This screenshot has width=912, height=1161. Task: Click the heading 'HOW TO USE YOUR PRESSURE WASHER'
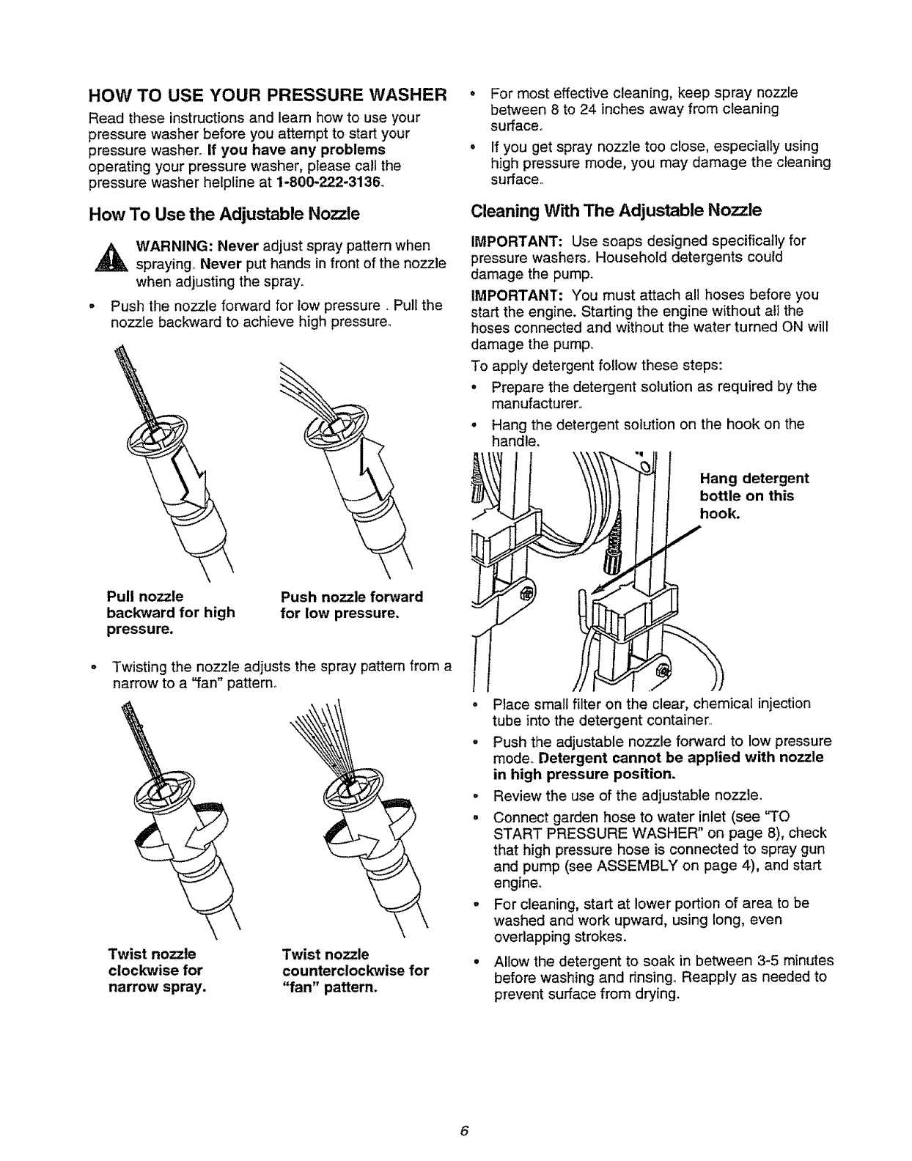(267, 96)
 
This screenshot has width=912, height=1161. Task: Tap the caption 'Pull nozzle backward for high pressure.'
(170, 613)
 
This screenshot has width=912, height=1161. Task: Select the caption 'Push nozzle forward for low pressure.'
(352, 605)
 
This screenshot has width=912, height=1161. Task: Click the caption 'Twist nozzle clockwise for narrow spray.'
(155, 970)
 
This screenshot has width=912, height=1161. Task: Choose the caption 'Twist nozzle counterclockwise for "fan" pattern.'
(355, 970)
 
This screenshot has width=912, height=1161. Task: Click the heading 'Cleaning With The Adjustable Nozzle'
(616, 211)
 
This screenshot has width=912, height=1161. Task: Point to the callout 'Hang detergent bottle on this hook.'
(754, 496)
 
